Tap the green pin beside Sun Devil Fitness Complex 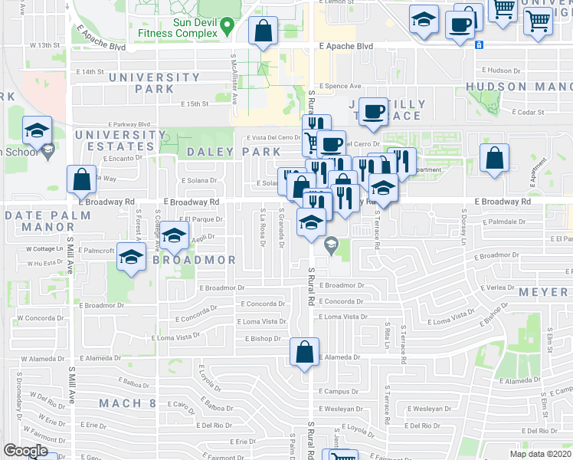tap(227, 27)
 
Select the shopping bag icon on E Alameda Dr tap(305, 353)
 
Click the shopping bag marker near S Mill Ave tap(82, 179)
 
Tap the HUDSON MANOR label tap(519, 87)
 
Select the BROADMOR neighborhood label tap(194, 260)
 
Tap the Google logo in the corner tap(26, 451)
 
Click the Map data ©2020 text tap(539, 454)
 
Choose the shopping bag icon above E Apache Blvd tap(263, 31)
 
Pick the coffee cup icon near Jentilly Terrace tap(373, 112)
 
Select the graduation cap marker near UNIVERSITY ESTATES tap(36, 131)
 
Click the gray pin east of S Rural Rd tap(331, 246)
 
